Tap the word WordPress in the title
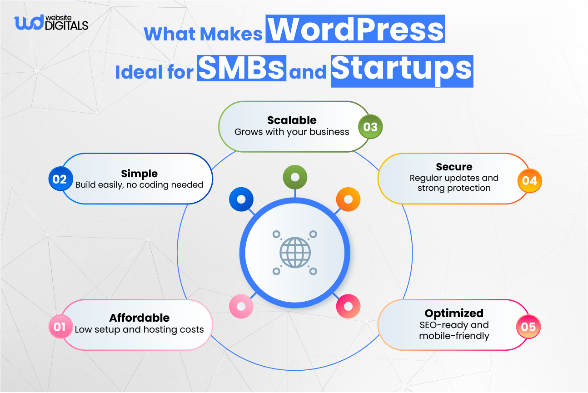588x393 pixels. pos(355,30)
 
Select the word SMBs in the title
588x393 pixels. pos(241,69)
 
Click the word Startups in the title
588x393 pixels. pos(402,70)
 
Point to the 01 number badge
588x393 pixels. pos(60,327)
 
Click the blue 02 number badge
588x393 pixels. pos(60,179)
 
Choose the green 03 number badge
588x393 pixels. pos(370,127)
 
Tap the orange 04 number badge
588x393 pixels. pos(529,181)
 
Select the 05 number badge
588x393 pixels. pos(528,327)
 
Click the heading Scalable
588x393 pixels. pos(292,120)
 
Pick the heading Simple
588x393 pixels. pos(139,174)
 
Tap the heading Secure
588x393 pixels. pos(454,167)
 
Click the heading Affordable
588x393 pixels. pos(139,318)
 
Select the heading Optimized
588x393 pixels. pos(454,313)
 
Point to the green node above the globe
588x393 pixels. pos(294,177)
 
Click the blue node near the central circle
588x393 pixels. pos(241,199)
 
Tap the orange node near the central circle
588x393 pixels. pos(348,199)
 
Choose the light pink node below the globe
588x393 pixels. pos(241,306)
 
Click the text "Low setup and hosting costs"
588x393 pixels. pos(139,330)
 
